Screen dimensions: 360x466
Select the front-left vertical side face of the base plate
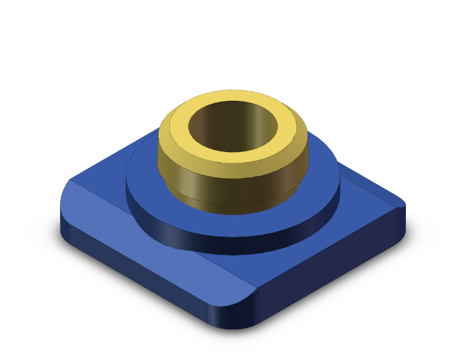click(x=138, y=275)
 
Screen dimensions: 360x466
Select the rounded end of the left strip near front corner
click(x=241, y=294)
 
